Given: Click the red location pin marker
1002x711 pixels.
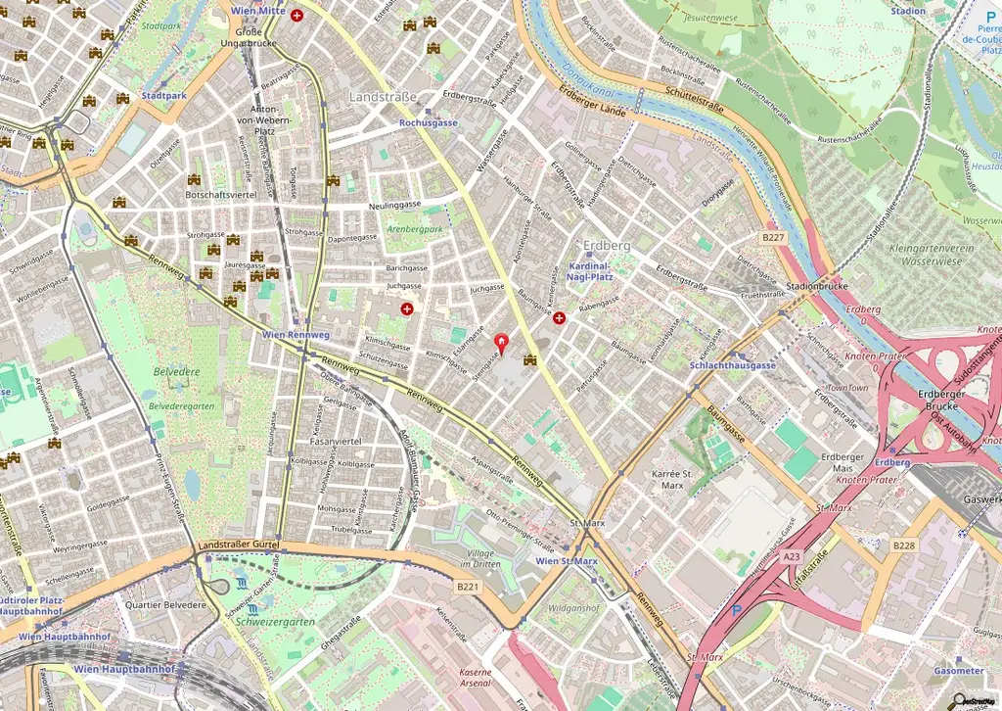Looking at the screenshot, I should pos(503,344).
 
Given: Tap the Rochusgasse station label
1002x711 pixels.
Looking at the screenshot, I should pos(429,123).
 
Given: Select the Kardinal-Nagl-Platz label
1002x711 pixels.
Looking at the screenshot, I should pos(590,271).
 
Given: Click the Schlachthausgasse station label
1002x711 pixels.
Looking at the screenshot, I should pos(732,365).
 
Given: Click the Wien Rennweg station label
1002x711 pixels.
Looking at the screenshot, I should pos(296,335).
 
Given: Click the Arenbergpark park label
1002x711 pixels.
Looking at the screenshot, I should pos(415,229).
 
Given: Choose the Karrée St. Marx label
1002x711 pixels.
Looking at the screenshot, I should pos(680,479).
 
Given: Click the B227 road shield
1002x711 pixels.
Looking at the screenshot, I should pos(774,237).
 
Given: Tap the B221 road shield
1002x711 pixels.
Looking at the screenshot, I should pos(468,587).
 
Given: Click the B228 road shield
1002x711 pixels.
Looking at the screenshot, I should pos(904,545).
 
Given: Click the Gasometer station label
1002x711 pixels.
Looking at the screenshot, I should pos(958,671).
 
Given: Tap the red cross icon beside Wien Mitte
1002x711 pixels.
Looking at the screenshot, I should pos(296,17).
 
